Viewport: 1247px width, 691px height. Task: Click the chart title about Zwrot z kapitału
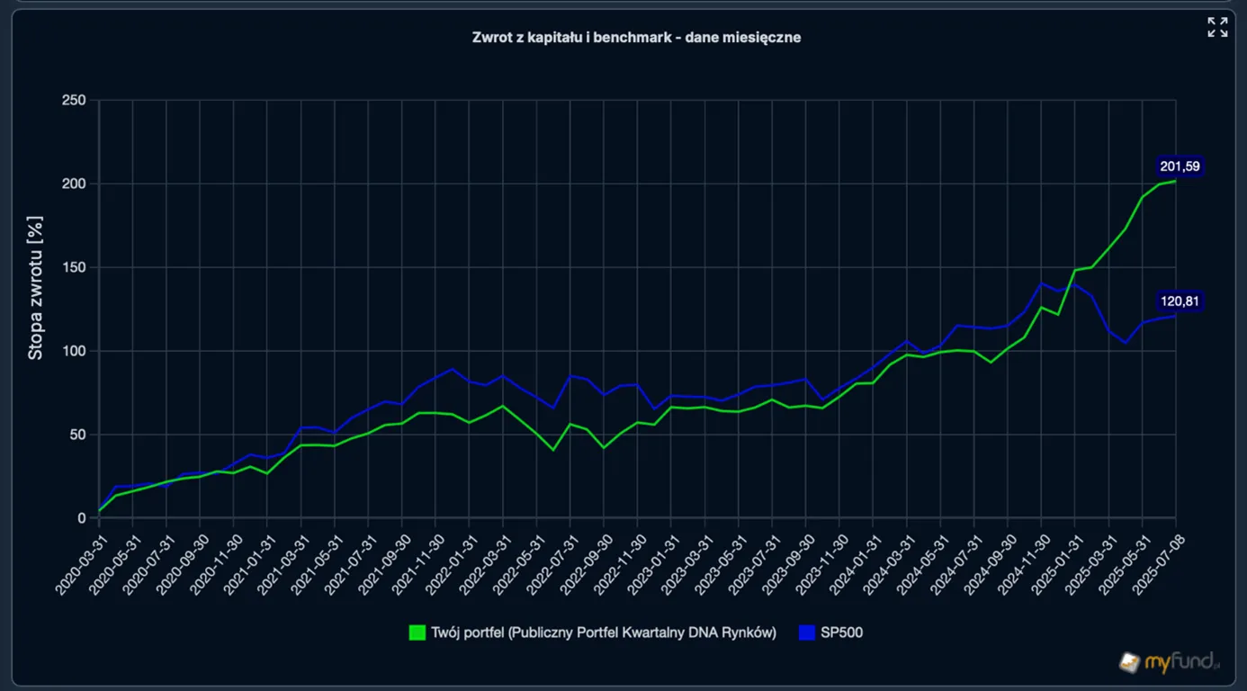(x=636, y=37)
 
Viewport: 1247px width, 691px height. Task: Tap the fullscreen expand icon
(x=1217, y=27)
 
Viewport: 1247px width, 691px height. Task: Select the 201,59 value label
(x=1180, y=166)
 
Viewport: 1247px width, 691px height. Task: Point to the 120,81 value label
(x=1180, y=301)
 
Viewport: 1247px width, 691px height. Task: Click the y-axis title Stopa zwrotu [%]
(x=35, y=288)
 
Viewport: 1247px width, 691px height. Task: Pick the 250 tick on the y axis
(x=74, y=100)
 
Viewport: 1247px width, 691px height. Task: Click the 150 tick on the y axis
(x=74, y=267)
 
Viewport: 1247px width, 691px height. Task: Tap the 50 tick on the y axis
(x=78, y=435)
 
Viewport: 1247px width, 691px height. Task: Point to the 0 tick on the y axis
(x=82, y=518)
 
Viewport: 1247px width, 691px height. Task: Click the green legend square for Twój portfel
(x=417, y=633)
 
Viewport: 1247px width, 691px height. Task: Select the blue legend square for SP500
(x=807, y=633)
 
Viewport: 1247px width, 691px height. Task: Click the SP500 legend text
(x=841, y=633)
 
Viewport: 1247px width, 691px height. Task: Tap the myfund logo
(x=1169, y=662)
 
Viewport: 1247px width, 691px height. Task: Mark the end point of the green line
(x=1176, y=181)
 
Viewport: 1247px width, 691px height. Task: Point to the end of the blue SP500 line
(x=1176, y=316)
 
